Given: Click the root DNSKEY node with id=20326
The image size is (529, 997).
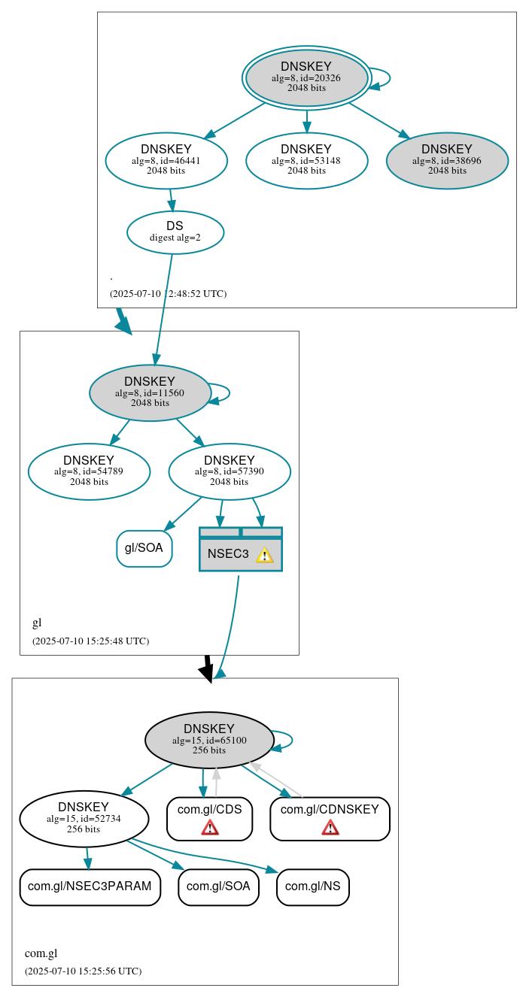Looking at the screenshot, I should (x=306, y=77).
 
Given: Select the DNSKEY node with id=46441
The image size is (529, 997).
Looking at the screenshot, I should (x=166, y=160).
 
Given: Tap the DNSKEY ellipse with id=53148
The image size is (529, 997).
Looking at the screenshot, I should (x=306, y=160).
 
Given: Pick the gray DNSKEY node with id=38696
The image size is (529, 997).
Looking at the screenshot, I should (x=447, y=160).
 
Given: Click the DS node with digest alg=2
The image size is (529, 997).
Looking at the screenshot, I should (x=175, y=232).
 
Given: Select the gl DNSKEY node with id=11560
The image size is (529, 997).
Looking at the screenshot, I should (x=150, y=392).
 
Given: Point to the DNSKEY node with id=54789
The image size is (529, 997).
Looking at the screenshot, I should (x=89, y=471).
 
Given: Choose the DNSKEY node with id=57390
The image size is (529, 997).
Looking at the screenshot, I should (x=230, y=471).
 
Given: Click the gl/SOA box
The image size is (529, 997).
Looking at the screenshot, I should (x=144, y=548).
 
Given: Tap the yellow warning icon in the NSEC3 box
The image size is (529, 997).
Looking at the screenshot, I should (x=264, y=555).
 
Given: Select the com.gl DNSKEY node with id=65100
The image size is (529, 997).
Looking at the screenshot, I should (x=209, y=740).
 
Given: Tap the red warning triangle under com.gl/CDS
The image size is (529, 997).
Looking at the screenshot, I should (x=210, y=827).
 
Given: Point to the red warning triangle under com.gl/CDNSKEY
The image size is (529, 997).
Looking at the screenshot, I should (x=330, y=827).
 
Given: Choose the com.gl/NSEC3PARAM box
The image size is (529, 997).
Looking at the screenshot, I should (x=90, y=886).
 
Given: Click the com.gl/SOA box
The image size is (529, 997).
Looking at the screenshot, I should (x=218, y=886).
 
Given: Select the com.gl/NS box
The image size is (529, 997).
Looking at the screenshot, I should (x=312, y=886).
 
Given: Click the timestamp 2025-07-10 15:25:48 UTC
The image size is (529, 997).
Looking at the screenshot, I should (x=90, y=641).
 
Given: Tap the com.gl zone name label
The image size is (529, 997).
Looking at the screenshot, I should (x=41, y=953).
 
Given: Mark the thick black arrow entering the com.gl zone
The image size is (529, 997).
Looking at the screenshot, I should (x=208, y=668).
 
